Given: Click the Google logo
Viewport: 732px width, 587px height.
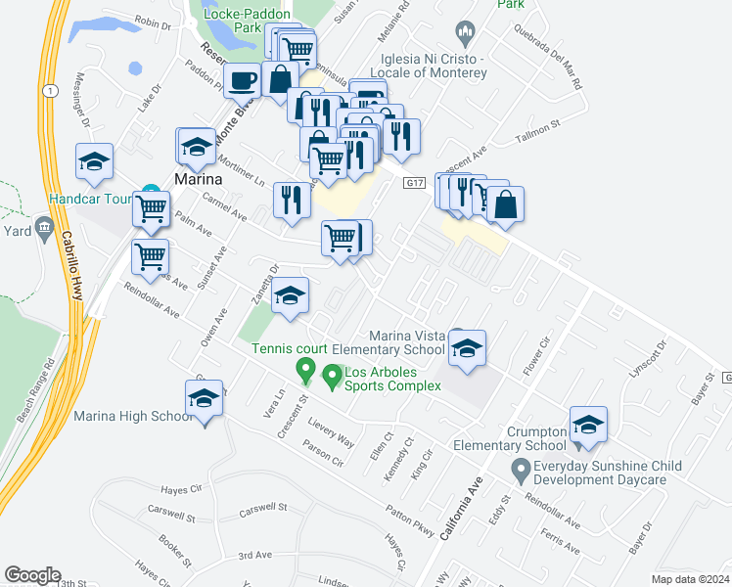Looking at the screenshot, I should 32,575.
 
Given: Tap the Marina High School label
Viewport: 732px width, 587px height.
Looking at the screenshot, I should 132,417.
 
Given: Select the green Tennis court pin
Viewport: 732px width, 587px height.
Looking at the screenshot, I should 305,371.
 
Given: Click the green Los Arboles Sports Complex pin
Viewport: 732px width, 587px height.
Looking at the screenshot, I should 332,376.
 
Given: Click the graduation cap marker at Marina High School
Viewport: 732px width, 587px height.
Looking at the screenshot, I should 204,400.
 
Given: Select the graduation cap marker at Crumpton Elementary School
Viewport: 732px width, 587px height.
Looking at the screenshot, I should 588,425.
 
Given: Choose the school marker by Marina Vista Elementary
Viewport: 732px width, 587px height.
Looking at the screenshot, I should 468,348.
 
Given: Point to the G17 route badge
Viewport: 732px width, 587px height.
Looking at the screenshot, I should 416,182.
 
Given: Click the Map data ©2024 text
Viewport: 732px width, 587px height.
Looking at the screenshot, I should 690,579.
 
